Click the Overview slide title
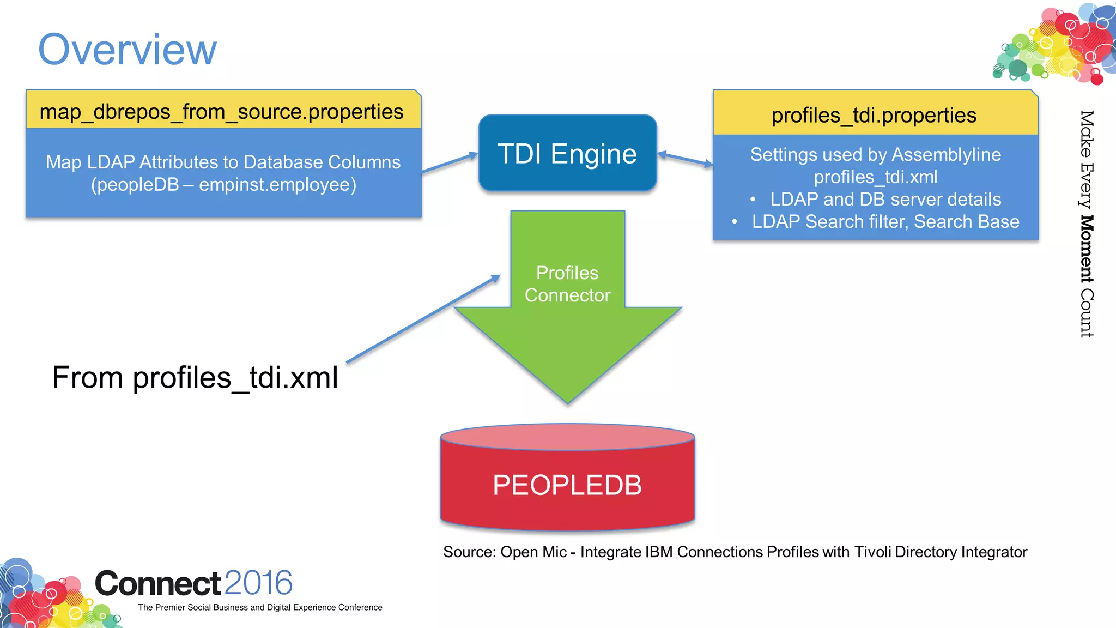128,50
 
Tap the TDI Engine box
567,153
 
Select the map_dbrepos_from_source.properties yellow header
222,111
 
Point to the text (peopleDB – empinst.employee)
223,185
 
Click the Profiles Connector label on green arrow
567,284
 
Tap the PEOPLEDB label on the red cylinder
567,485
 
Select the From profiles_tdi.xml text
195,377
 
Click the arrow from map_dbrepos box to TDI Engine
450,163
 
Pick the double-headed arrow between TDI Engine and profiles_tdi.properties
685,159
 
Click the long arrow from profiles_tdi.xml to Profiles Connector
423,319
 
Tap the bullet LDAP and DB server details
885,199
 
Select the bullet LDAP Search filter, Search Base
885,222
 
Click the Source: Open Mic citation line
735,552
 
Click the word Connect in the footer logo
157,583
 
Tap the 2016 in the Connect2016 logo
258,583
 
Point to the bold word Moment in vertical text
1087,249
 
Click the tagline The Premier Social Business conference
260,607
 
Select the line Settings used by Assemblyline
875,154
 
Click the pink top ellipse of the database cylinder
567,437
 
